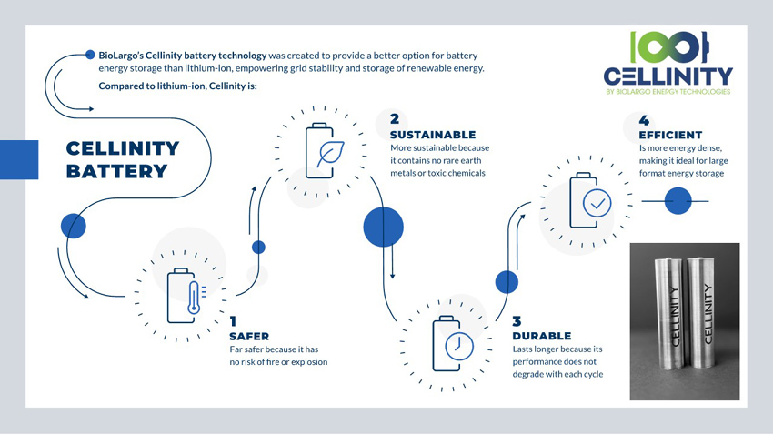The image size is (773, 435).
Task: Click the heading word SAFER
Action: click(x=249, y=337)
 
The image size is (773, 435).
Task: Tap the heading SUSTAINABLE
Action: click(x=433, y=135)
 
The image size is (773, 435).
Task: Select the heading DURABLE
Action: click(x=542, y=336)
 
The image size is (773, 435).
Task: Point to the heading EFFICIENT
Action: click(x=670, y=135)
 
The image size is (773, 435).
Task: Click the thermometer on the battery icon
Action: click(x=195, y=298)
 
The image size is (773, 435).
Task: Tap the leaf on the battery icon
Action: click(x=330, y=155)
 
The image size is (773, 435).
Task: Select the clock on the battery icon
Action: click(x=459, y=345)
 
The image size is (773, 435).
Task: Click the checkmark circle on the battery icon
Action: click(x=597, y=203)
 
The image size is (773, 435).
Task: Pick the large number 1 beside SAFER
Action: click(x=233, y=321)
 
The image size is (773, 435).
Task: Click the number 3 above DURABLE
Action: click(x=517, y=321)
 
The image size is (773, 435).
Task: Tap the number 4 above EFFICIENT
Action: click(x=644, y=120)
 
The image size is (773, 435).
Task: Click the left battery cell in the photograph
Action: click(x=669, y=313)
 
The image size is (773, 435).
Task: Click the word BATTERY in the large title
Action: click(x=117, y=171)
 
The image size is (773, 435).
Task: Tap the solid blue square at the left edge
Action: click(x=19, y=160)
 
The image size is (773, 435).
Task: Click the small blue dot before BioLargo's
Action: click(x=90, y=55)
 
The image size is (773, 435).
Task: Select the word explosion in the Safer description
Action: click(x=309, y=362)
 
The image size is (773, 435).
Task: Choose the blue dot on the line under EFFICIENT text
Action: click(x=678, y=201)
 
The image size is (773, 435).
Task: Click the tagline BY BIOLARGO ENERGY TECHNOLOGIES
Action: click(x=668, y=92)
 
